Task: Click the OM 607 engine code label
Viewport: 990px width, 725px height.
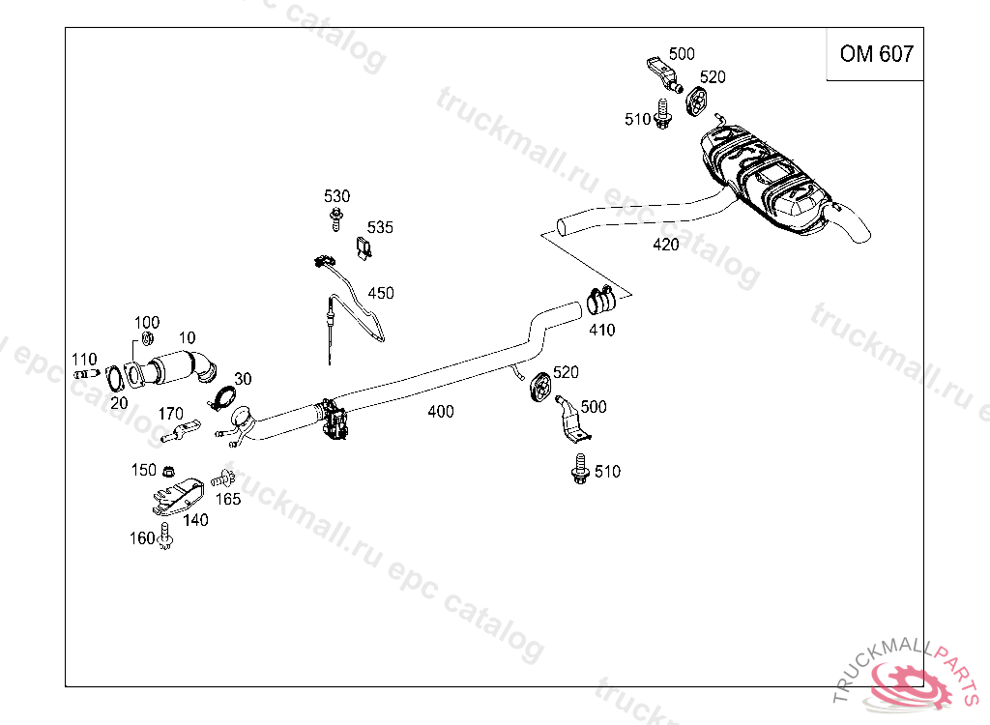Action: [876, 54]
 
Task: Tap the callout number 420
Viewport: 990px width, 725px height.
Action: [666, 245]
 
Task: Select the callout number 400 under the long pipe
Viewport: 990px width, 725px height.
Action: [440, 411]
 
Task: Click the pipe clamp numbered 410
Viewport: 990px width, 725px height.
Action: [601, 300]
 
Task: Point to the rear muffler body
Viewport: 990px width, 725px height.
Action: [764, 180]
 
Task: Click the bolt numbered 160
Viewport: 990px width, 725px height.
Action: [165, 536]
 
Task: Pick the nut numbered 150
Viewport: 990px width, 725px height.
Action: [168, 471]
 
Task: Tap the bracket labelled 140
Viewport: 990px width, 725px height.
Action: [179, 497]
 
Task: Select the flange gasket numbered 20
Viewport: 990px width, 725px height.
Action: [114, 379]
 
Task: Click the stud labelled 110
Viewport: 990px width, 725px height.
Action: [86, 374]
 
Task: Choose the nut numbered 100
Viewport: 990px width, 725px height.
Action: [147, 338]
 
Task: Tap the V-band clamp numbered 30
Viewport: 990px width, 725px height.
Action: [223, 399]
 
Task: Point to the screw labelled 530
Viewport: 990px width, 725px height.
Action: [336, 219]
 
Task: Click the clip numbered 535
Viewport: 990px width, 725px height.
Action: [364, 248]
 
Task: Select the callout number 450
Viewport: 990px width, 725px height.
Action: [381, 293]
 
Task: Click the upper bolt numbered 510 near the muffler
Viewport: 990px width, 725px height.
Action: [662, 114]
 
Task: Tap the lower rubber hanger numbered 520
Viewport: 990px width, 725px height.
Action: [539, 387]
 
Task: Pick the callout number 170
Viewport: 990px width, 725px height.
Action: [170, 414]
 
